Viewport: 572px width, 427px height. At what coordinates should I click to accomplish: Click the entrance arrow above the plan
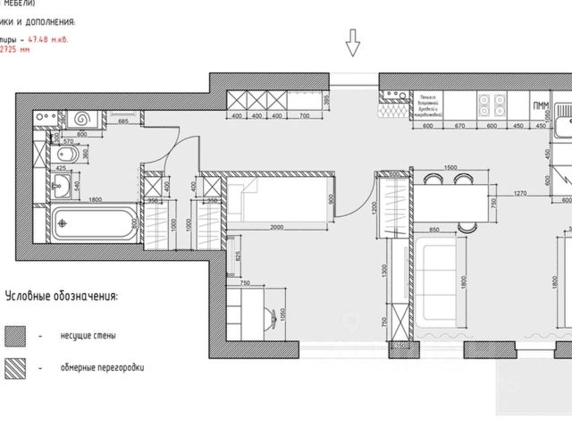pyautogui.click(x=353, y=41)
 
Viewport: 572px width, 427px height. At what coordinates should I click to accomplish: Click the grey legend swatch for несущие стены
pyautogui.click(x=16, y=336)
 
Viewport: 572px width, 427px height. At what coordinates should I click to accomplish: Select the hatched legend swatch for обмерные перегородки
pyautogui.click(x=16, y=366)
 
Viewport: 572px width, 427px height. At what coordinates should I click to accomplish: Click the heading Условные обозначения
pyautogui.click(x=62, y=296)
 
